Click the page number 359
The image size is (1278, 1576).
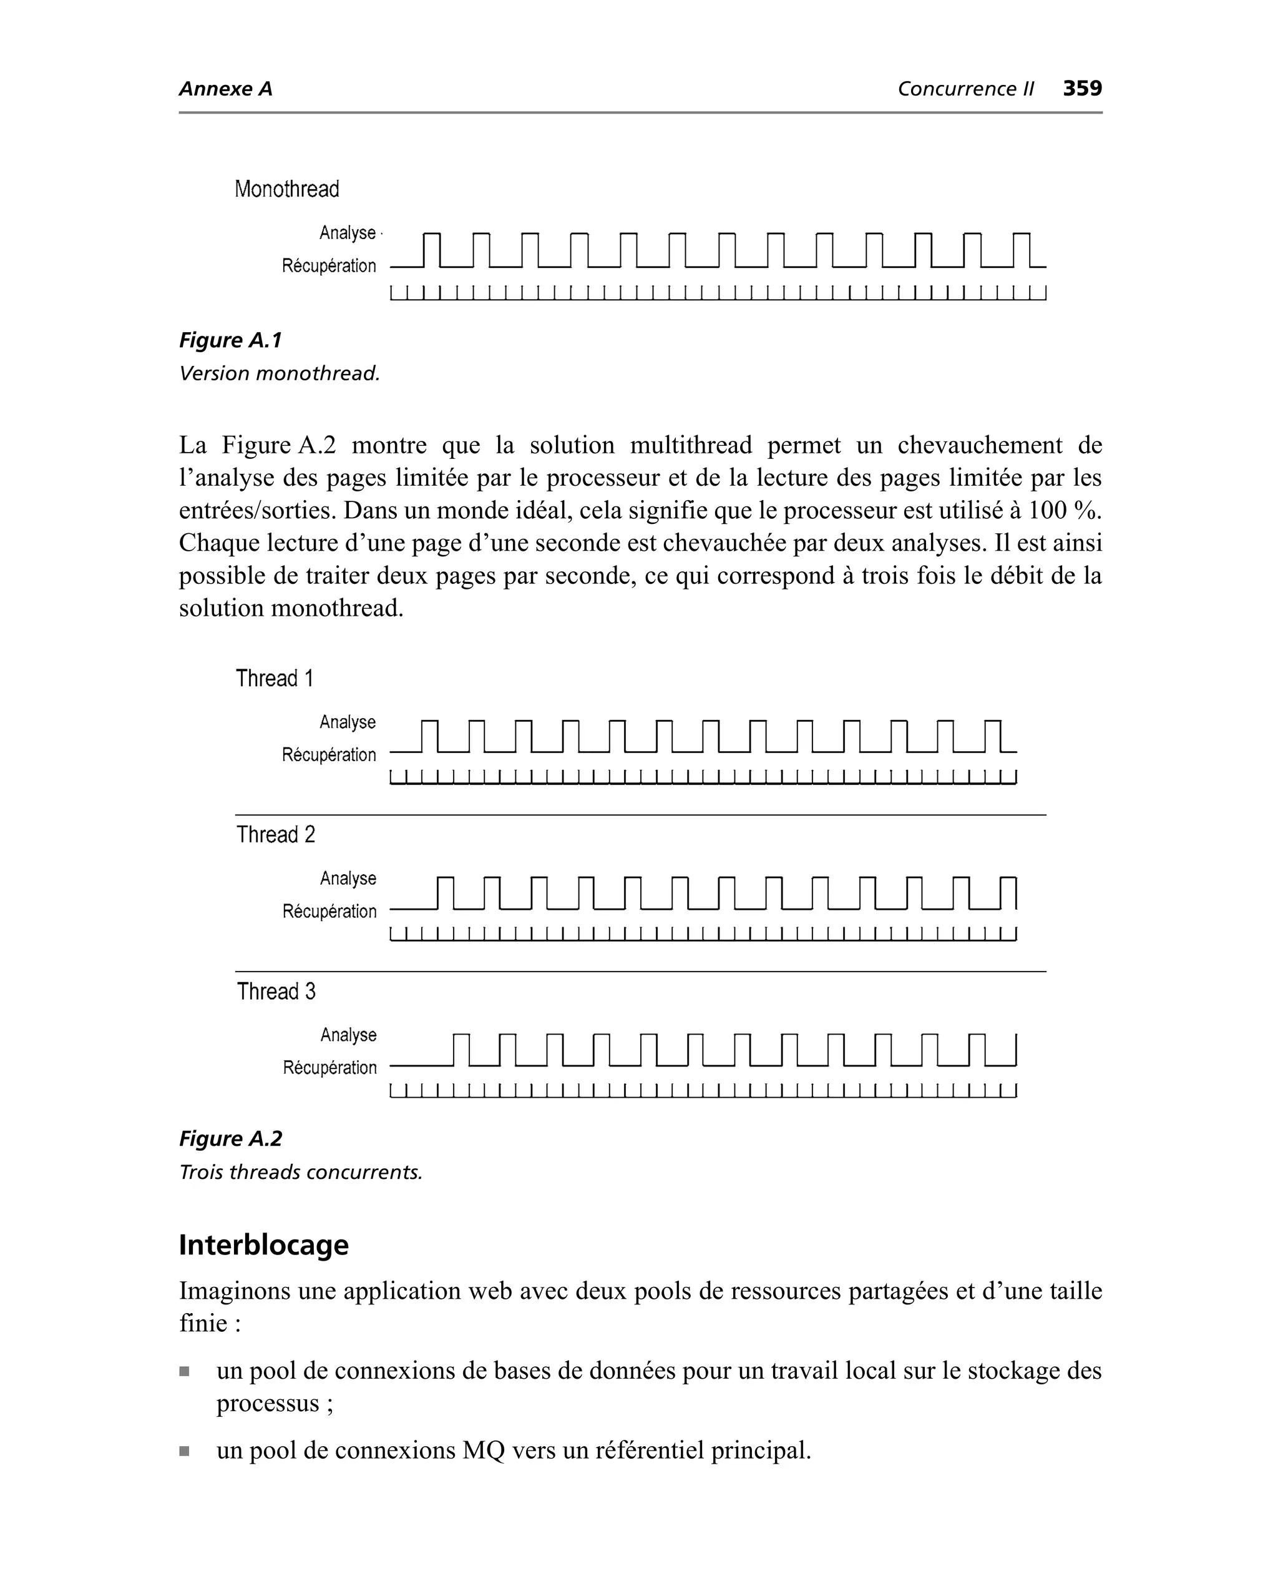click(1081, 89)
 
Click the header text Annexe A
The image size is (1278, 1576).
click(225, 89)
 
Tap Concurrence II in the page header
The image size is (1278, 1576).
click(965, 89)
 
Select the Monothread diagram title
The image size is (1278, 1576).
click(286, 189)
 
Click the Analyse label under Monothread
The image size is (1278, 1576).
click(348, 233)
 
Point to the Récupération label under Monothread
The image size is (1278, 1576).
click(328, 266)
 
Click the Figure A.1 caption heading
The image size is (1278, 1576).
click(230, 340)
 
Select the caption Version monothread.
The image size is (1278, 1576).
click(279, 373)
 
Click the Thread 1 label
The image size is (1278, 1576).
click(275, 678)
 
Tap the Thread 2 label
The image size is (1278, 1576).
click(275, 834)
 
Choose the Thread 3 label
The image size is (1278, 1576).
click(276, 992)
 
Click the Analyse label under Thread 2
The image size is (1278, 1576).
click(348, 879)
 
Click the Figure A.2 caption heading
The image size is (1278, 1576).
click(230, 1140)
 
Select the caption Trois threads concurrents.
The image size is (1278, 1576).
click(300, 1173)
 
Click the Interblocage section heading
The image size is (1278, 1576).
click(263, 1245)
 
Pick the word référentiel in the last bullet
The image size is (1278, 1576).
click(648, 1450)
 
